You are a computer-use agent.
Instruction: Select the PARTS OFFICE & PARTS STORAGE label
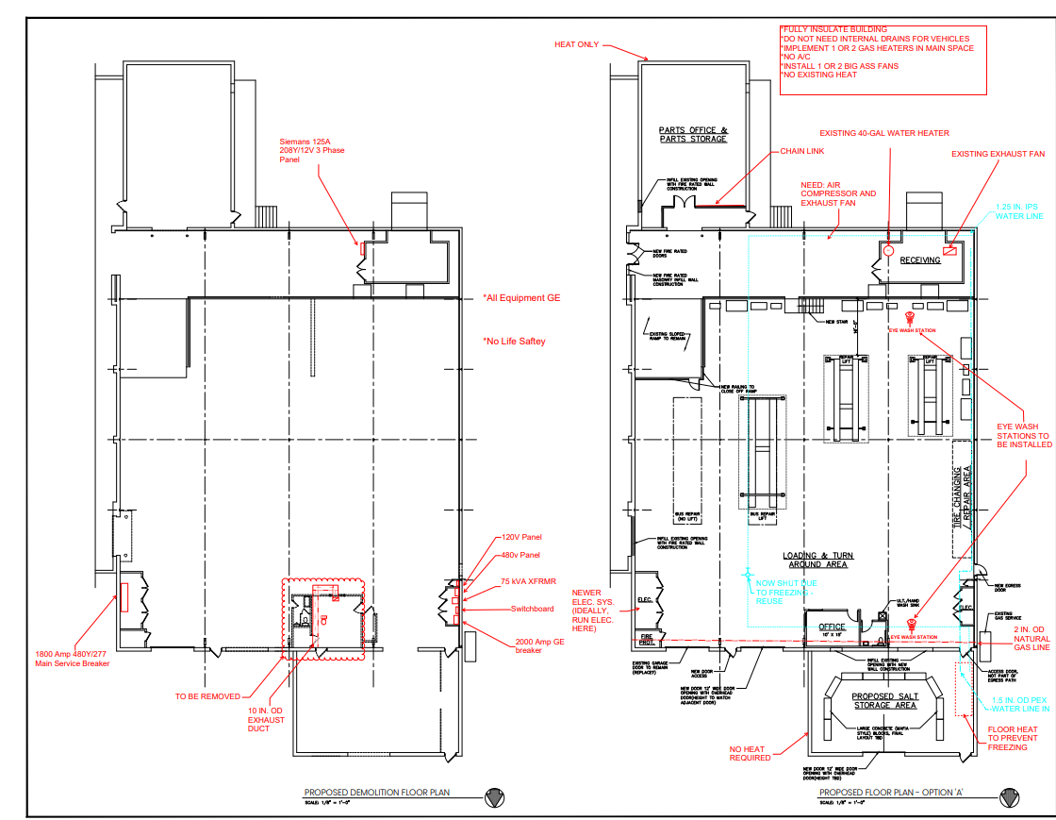pyautogui.click(x=693, y=134)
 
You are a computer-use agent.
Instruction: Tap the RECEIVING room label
pyautogui.click(x=919, y=260)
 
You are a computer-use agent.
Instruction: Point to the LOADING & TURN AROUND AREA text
pyautogui.click(x=816, y=560)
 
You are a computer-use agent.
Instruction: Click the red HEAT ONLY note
pyautogui.click(x=576, y=44)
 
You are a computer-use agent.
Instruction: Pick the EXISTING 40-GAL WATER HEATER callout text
pyautogui.click(x=883, y=133)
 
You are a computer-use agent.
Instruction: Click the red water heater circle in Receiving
pyautogui.click(x=888, y=250)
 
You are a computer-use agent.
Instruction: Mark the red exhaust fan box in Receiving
pyautogui.click(x=949, y=250)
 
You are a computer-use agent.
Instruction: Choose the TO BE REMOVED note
pyautogui.click(x=207, y=696)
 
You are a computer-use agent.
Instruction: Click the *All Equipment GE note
pyautogui.click(x=521, y=297)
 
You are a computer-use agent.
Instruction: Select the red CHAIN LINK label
pyautogui.click(x=802, y=151)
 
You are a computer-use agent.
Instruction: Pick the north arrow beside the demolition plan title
pyautogui.click(x=493, y=797)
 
